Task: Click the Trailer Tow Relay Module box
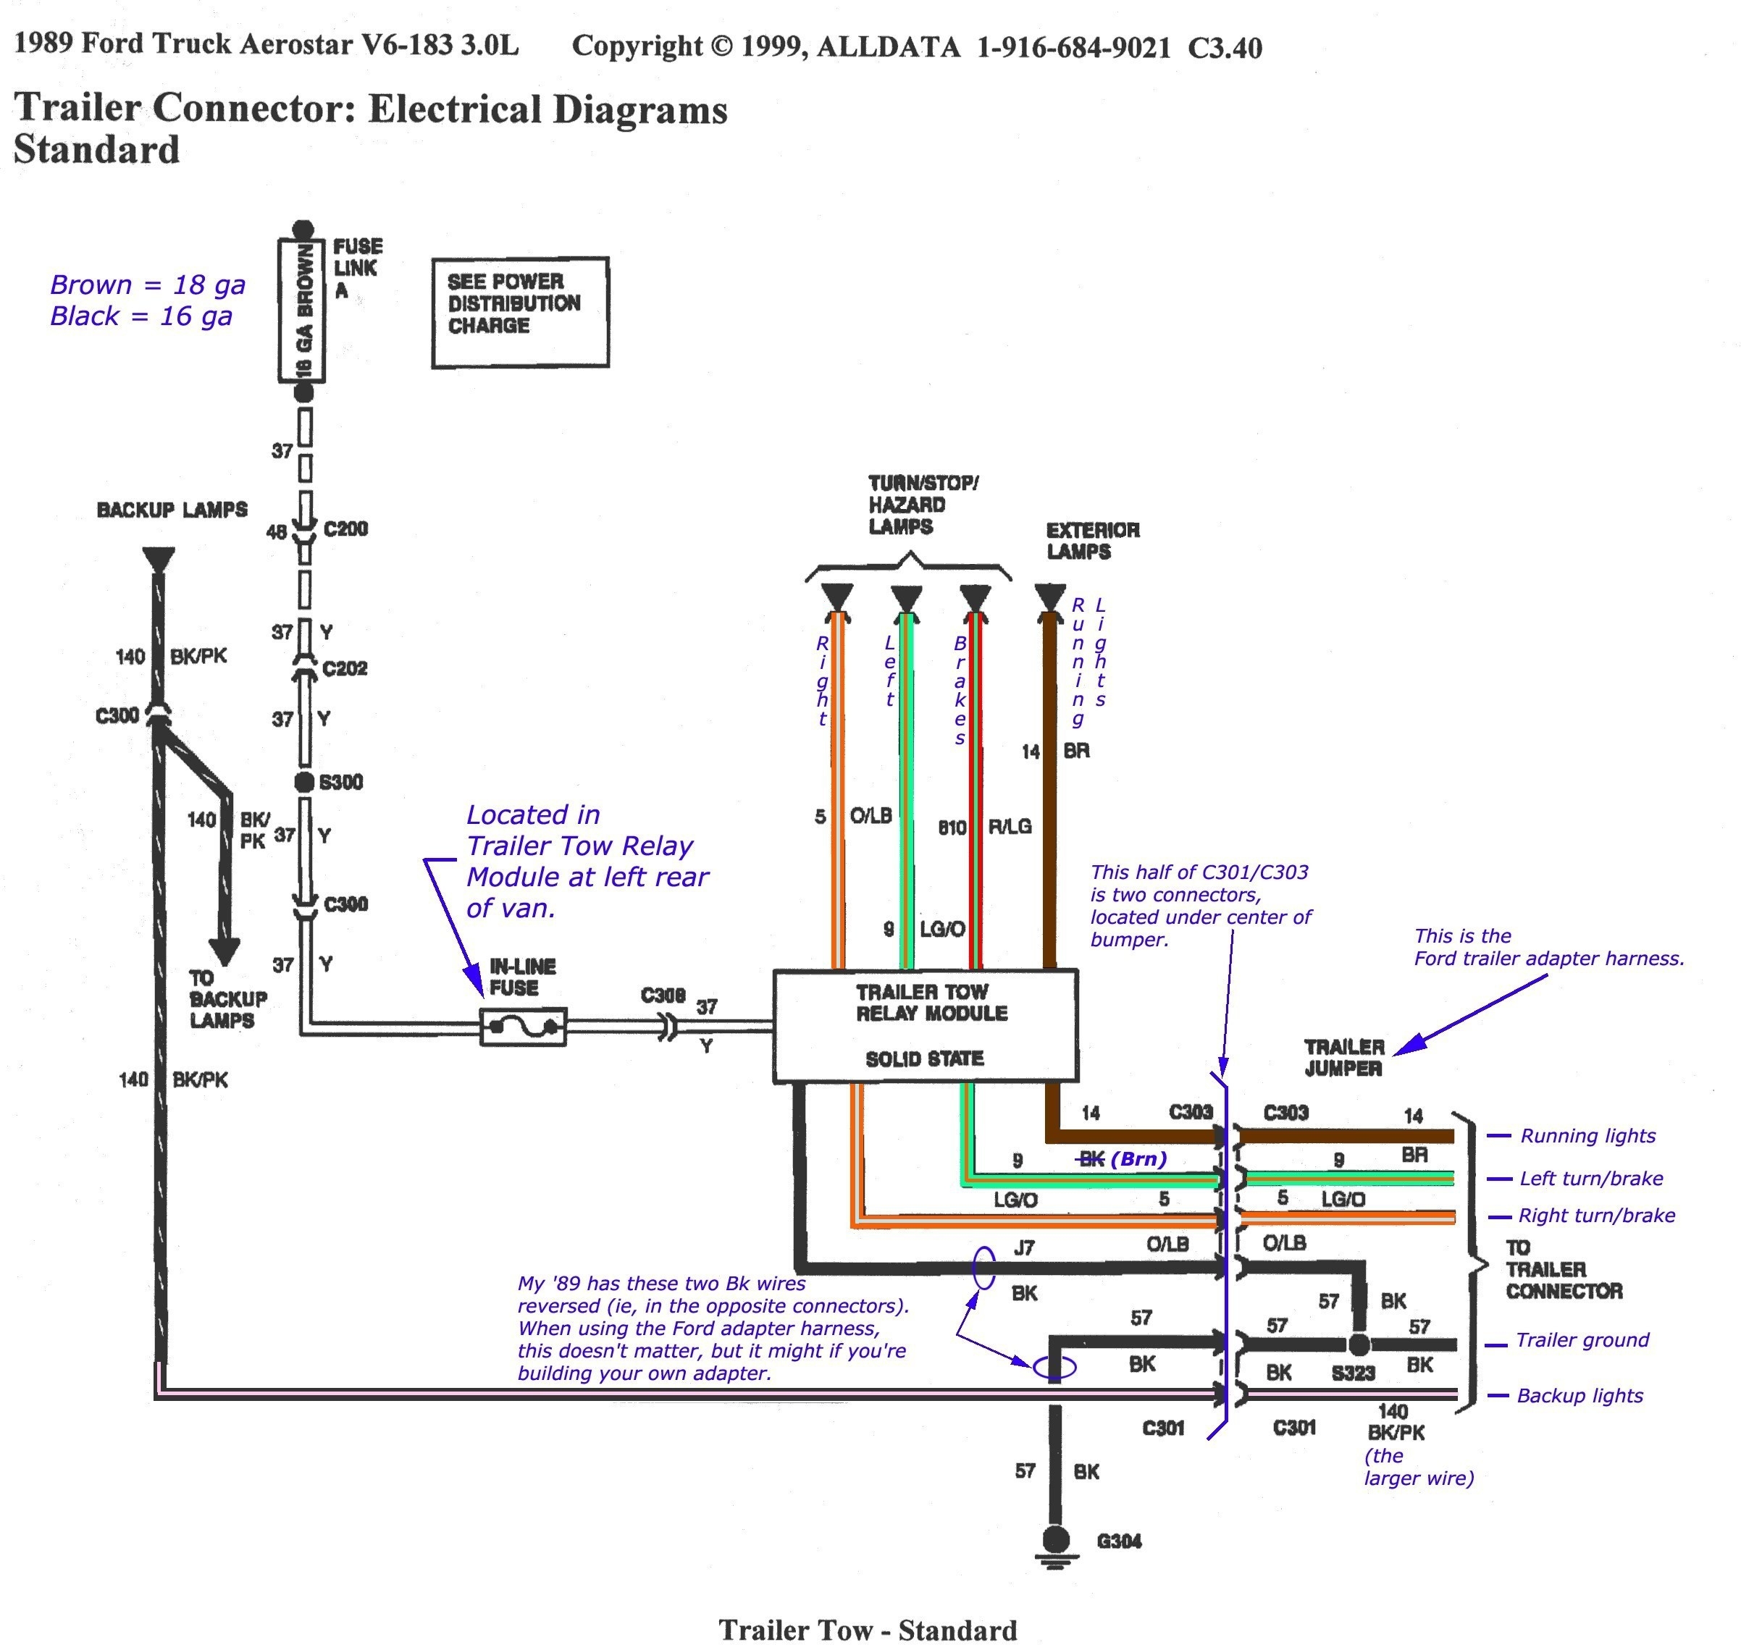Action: tap(925, 1025)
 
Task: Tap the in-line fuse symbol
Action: tap(524, 1027)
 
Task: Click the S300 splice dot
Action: tap(304, 782)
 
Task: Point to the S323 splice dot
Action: tap(1359, 1344)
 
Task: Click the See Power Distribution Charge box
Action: tap(520, 312)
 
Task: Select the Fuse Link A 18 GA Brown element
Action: tap(303, 311)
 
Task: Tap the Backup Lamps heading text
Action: tap(172, 510)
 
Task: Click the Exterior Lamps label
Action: tap(1092, 541)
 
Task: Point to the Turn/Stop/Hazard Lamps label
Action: tap(922, 505)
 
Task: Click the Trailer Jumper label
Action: tap(1343, 1057)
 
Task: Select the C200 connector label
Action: tap(345, 529)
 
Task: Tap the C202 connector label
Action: tap(345, 668)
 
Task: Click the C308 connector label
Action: tap(663, 995)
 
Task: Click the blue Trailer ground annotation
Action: tap(1582, 1340)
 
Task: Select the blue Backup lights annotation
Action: tap(1579, 1396)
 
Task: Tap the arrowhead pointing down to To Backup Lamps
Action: tap(225, 951)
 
